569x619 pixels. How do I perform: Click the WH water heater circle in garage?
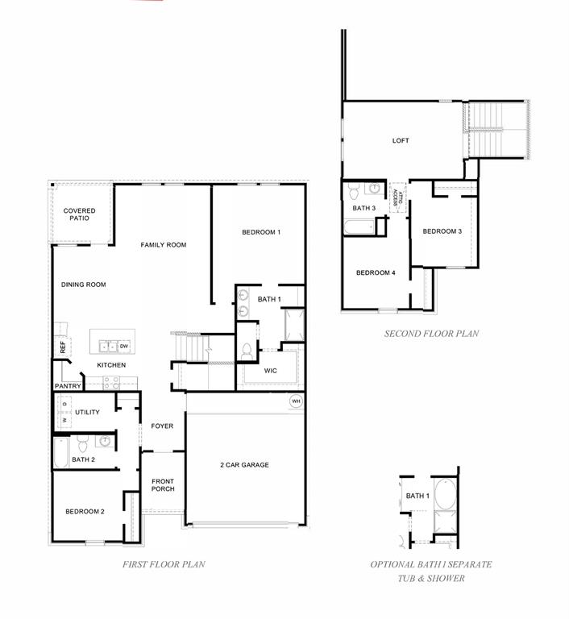click(x=296, y=401)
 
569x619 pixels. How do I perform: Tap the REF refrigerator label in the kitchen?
click(x=63, y=347)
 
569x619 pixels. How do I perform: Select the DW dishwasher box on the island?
click(x=124, y=347)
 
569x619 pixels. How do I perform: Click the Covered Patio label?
click(x=79, y=214)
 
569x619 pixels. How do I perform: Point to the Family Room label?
click(x=164, y=245)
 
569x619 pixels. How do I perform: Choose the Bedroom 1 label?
click(x=261, y=232)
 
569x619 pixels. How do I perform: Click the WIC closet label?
click(x=271, y=371)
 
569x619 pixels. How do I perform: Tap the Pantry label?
click(x=68, y=386)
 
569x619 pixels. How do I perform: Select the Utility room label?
click(x=87, y=412)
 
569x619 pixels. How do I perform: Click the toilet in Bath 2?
click(x=82, y=444)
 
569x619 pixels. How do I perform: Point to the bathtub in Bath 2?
click(x=60, y=452)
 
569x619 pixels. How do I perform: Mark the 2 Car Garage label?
click(x=244, y=465)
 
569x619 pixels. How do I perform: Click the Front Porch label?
click(x=163, y=484)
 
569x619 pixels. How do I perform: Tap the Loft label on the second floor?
click(x=401, y=140)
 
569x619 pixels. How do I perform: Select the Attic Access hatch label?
click(x=397, y=197)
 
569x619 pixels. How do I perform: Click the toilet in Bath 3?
click(x=353, y=191)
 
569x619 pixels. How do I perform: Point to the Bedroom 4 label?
click(x=376, y=272)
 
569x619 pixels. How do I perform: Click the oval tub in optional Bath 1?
click(x=445, y=493)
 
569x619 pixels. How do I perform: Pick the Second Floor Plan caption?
click(x=432, y=334)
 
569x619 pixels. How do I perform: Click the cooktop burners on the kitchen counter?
click(x=111, y=382)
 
